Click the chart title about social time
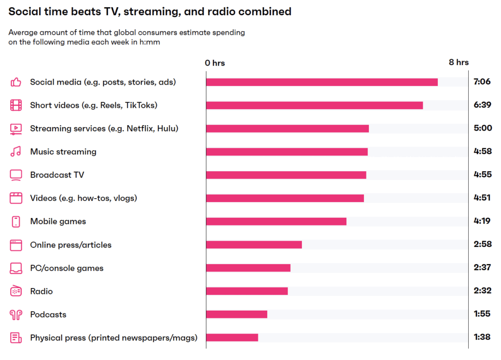click(x=150, y=11)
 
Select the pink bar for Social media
click(x=321, y=82)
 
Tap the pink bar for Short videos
click(x=314, y=105)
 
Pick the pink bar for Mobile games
click(x=276, y=222)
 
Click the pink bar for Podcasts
click(x=236, y=315)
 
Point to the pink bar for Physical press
click(x=232, y=337)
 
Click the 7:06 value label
click(x=482, y=82)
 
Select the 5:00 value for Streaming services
click(x=482, y=128)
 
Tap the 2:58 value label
click(x=482, y=244)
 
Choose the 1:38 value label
click(x=482, y=337)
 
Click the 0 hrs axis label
click(x=215, y=63)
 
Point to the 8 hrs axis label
click(x=458, y=62)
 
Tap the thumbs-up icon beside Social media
click(x=16, y=82)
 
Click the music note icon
click(x=16, y=152)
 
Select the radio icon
click(x=16, y=291)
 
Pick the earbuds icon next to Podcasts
click(x=16, y=315)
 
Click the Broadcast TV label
click(x=57, y=175)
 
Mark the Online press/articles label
click(x=71, y=245)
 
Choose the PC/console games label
click(x=67, y=268)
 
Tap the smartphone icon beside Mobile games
click(x=16, y=222)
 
